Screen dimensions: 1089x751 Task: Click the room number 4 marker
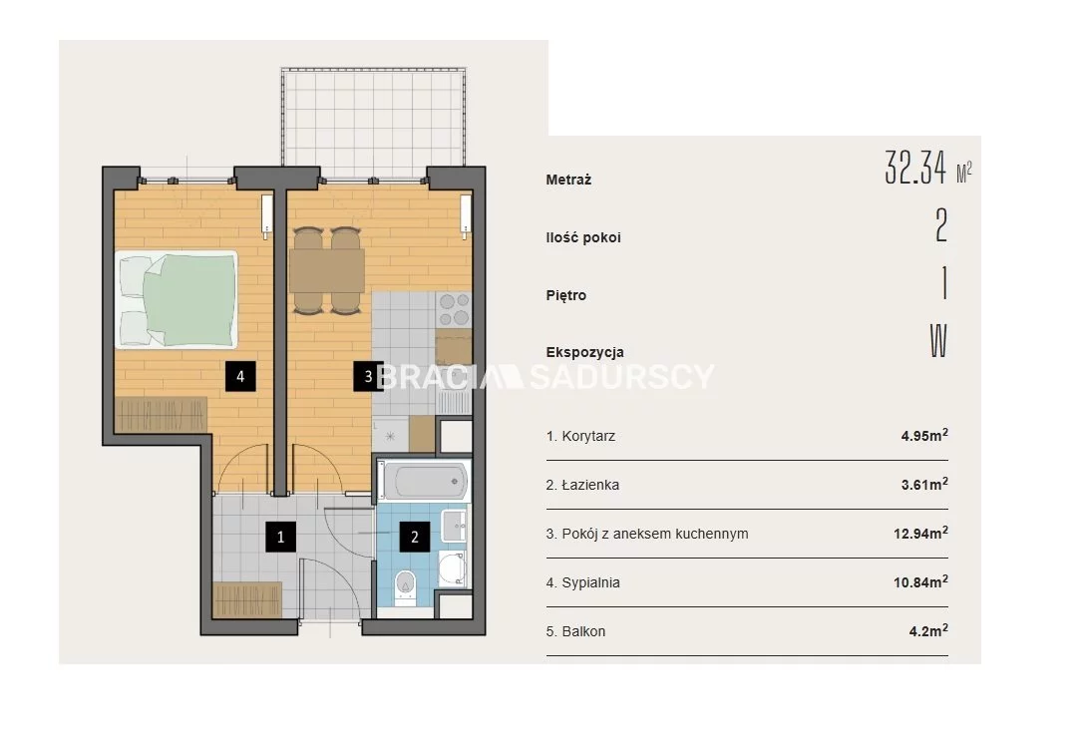(240, 376)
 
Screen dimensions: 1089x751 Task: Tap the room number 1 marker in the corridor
(280, 537)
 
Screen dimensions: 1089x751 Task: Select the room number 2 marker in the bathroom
(415, 537)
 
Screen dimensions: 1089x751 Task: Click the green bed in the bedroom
(177, 299)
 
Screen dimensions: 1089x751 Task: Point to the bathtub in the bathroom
(423, 481)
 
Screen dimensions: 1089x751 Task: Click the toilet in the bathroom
(404, 585)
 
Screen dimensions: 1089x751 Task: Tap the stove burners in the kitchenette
(454, 310)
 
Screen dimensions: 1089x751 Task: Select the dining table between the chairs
(327, 270)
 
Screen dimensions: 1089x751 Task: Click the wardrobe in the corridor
(247, 599)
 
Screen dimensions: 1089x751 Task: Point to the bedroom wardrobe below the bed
(162, 415)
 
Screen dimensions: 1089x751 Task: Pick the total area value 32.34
(915, 168)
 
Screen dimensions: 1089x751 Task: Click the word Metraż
(568, 180)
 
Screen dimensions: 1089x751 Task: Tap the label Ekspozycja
(584, 352)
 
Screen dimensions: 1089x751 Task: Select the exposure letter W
(938, 340)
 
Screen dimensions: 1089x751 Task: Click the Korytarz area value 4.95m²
(924, 436)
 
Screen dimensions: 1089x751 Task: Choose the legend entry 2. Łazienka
(582, 485)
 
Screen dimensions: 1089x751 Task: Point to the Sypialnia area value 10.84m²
(920, 582)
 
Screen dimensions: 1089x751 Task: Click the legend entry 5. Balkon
(575, 631)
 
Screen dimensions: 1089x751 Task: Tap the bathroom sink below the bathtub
(456, 526)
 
